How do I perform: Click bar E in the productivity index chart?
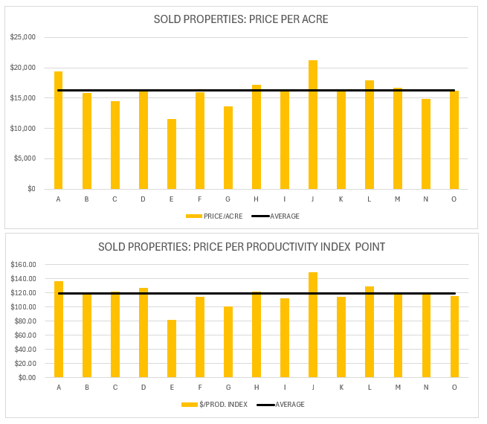(x=172, y=349)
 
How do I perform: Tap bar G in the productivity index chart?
(x=228, y=342)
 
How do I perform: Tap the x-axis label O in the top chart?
(x=454, y=199)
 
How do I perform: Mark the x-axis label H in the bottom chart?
(x=257, y=387)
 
